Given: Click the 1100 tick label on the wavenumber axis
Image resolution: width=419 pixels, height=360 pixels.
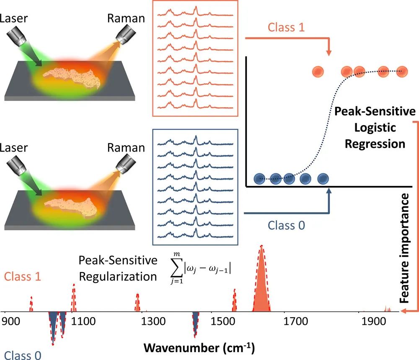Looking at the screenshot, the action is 83,321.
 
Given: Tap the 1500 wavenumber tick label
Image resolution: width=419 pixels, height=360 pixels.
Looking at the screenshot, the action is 223,321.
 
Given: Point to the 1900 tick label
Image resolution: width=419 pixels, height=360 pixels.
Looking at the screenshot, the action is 374,321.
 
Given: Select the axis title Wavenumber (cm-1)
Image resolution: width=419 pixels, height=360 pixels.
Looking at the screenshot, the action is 199,348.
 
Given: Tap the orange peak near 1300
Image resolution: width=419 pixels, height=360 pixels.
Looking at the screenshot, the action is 137,303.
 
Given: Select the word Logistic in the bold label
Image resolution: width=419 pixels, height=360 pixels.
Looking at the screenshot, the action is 375,128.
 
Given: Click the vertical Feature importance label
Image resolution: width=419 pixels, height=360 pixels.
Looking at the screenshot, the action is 404,248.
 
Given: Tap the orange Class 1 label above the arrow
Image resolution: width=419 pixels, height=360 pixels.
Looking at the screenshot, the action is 286,27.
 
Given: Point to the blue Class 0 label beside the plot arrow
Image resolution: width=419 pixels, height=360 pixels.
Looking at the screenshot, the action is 286,225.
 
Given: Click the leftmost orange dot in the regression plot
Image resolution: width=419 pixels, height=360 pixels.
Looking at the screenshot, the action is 318,72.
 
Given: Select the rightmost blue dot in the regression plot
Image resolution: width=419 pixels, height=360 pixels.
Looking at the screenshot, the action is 323,179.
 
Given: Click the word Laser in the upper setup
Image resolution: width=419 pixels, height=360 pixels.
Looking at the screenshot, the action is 13,18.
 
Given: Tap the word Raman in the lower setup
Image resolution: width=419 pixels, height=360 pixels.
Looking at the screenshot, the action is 126,148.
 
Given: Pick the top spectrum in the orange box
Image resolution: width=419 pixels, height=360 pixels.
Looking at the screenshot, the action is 195,12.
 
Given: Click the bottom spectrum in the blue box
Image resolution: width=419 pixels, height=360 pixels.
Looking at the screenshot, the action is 195,234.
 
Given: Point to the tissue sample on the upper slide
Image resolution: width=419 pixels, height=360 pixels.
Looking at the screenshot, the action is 72,78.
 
